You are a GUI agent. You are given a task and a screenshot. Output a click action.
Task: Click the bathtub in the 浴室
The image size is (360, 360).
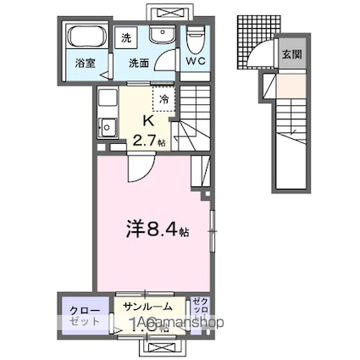(x=85, y=38)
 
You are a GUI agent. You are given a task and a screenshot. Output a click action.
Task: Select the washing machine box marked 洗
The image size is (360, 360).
(x=126, y=38)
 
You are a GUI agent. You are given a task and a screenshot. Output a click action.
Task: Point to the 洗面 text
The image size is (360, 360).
(x=139, y=62)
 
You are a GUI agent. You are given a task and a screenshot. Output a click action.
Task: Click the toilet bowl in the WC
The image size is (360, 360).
(x=196, y=37)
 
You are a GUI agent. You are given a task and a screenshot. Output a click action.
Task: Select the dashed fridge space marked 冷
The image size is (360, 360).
(x=163, y=98)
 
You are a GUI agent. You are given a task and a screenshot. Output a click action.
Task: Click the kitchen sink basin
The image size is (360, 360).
(x=108, y=129)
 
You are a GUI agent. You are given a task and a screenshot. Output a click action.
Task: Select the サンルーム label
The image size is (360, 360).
(x=148, y=307)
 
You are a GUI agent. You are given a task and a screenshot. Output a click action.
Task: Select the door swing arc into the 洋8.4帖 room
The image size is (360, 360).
(x=137, y=169)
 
